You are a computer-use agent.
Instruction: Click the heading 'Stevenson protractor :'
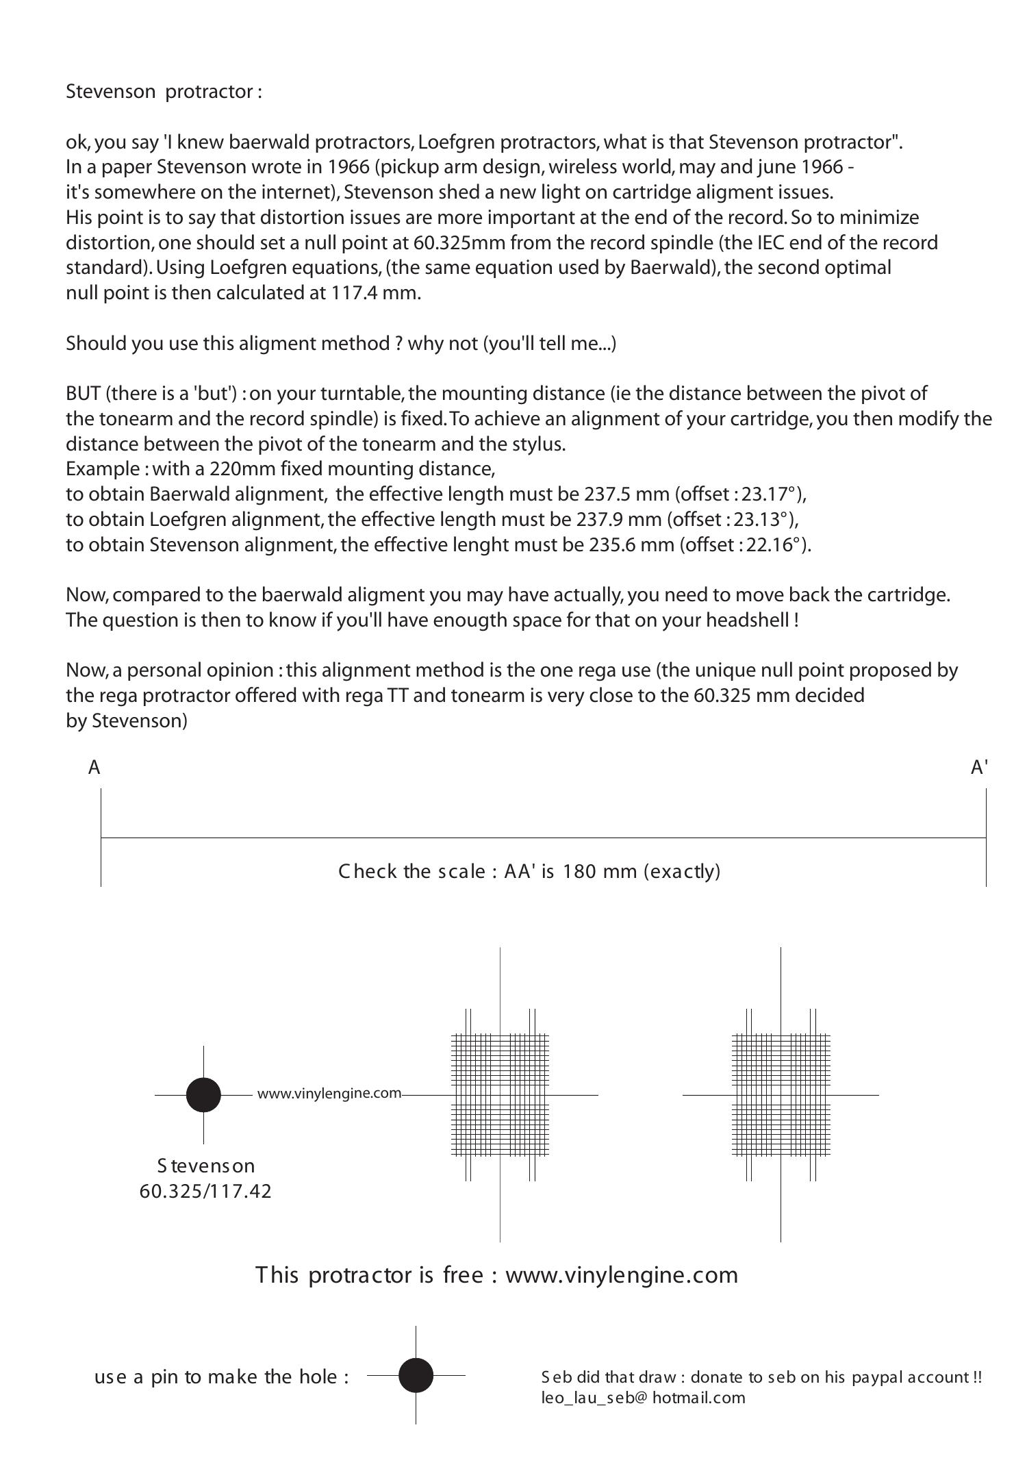tap(164, 92)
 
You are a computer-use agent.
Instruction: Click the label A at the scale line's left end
tap(94, 768)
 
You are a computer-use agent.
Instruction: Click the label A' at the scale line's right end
tap(979, 768)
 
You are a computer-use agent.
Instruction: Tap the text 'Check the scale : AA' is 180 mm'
tap(529, 871)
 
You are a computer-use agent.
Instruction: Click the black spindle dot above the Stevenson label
tap(203, 1094)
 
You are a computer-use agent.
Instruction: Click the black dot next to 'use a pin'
tap(416, 1375)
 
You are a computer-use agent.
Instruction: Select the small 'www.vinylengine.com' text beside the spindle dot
tap(329, 1094)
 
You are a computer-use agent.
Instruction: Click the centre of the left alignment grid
tap(500, 1094)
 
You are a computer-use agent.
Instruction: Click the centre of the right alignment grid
tap(781, 1094)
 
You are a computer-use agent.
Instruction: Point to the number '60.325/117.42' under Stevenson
tap(205, 1192)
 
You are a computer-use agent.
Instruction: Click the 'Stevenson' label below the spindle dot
tap(205, 1166)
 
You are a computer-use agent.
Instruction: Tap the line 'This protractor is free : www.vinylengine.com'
tap(496, 1275)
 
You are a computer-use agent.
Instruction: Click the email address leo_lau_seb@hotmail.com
tap(642, 1398)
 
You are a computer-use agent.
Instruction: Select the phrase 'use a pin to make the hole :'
tap(221, 1377)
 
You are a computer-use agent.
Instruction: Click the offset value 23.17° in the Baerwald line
tap(777, 494)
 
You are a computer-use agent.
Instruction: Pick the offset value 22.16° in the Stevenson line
tap(778, 545)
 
